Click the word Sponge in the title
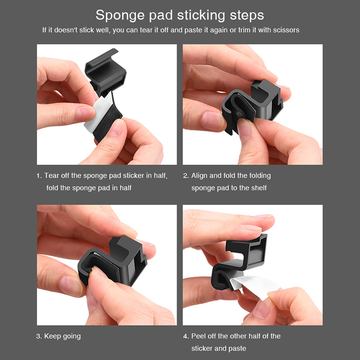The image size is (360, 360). pos(121,16)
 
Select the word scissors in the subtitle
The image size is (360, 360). pos(286,30)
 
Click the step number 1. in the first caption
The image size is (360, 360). pos(39,175)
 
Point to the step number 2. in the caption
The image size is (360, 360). pos(186,175)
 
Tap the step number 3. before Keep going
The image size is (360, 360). pos(39,336)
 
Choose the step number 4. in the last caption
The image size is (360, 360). pos(186,336)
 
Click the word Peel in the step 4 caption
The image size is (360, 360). pos(198,336)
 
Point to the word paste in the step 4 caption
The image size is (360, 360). pos(238,349)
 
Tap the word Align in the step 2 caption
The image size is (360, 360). pos(199,176)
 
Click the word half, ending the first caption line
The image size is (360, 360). pos(161,176)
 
